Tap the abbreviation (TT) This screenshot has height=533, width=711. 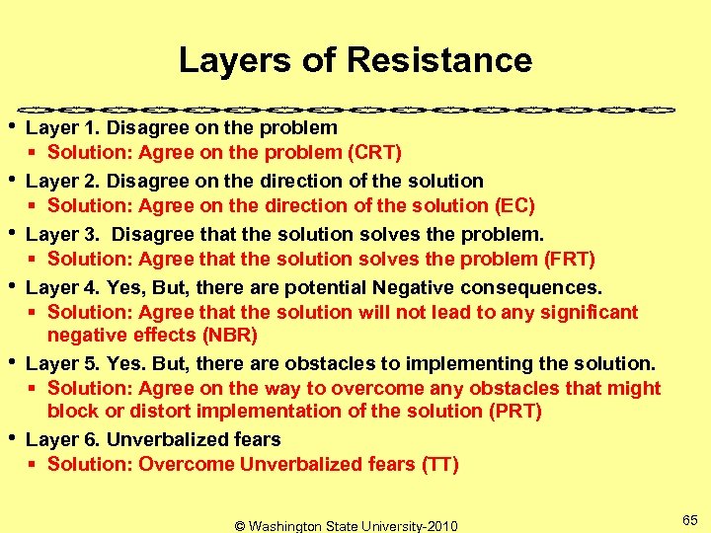click(438, 465)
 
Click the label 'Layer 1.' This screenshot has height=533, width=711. click(63, 128)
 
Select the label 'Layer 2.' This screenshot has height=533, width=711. click(63, 182)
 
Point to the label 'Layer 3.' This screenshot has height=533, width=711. click(63, 235)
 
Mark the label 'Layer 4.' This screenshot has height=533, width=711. click(63, 288)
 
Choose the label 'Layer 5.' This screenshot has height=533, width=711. click(63, 363)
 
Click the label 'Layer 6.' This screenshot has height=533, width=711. click(63, 439)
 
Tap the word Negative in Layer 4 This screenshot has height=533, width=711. click(413, 288)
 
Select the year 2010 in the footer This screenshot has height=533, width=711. click(439, 526)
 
